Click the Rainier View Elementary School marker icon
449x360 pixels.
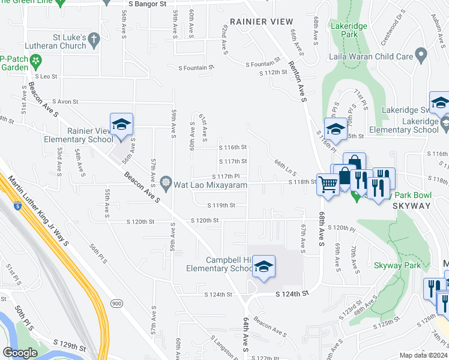121,125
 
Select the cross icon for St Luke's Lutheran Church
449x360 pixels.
93,40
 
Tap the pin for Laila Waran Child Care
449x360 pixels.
420,57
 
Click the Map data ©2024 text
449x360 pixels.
423,356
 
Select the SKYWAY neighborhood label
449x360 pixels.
412,205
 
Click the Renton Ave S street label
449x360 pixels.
298,81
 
